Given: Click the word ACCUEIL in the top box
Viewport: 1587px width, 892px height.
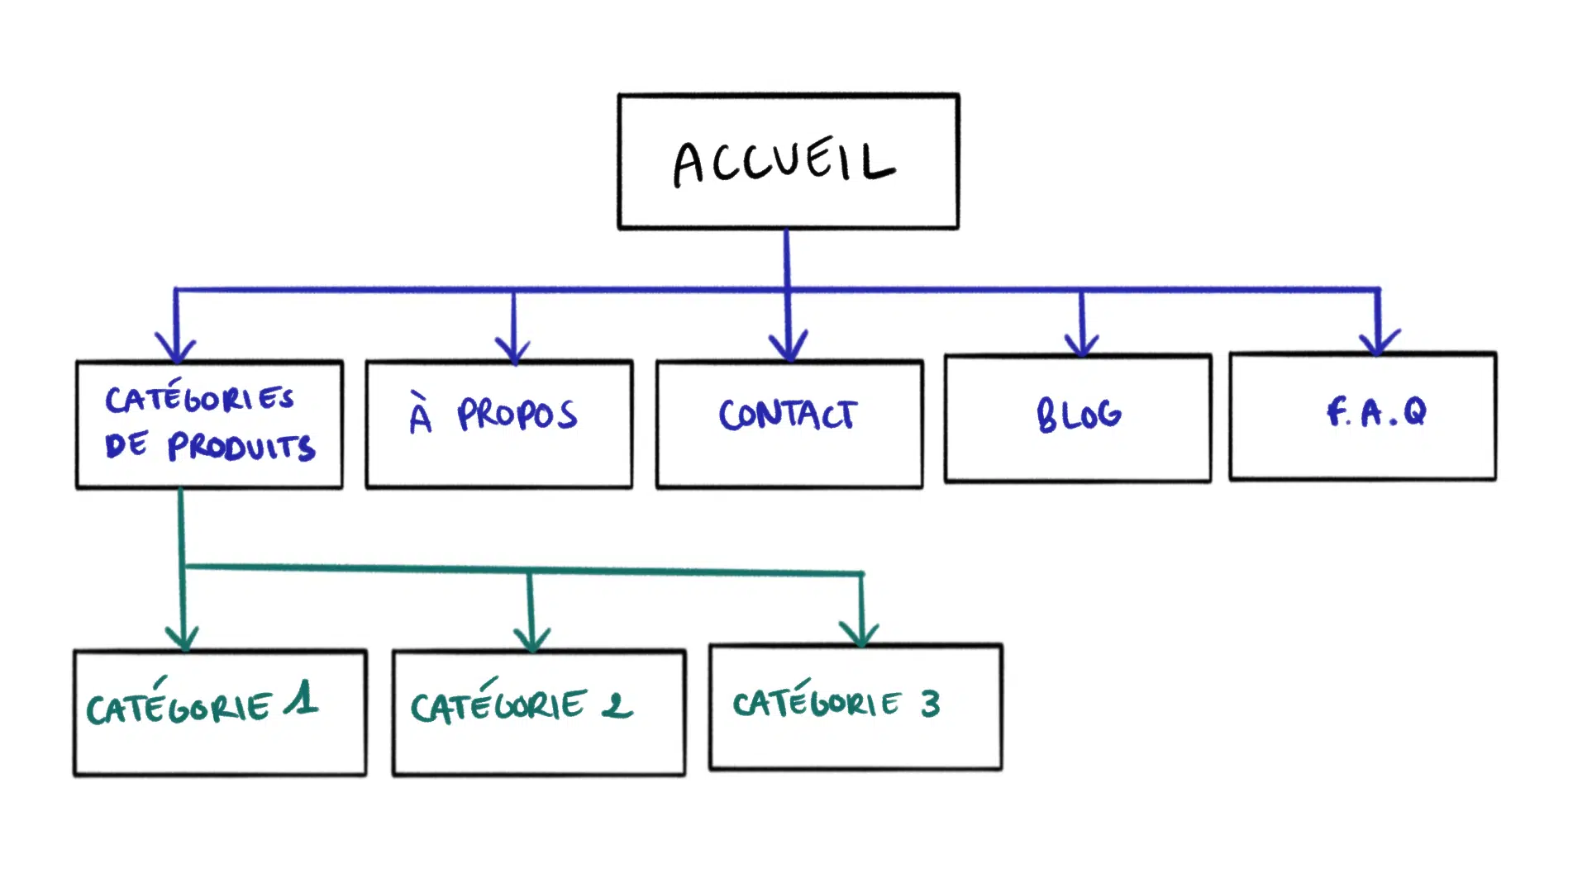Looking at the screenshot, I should pyautogui.click(x=784, y=161).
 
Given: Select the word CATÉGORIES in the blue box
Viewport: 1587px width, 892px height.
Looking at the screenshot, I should pyautogui.click(x=199, y=398).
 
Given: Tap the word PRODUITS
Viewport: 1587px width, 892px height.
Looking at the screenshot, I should pyautogui.click(x=241, y=447).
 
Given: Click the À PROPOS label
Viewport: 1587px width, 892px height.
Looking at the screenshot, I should pyautogui.click(x=493, y=415).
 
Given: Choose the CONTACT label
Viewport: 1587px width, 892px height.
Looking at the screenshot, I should pyautogui.click(x=788, y=415).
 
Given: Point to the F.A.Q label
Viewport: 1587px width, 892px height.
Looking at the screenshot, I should pyautogui.click(x=1376, y=411).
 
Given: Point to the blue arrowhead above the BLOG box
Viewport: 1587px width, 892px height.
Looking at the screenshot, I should pyautogui.click(x=1082, y=344).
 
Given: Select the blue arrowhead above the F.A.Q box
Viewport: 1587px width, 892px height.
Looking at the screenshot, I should pyautogui.click(x=1379, y=343).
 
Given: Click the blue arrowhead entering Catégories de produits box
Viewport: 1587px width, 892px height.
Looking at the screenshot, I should pyautogui.click(x=176, y=349).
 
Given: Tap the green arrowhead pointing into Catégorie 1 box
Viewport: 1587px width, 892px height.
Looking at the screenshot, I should pyautogui.click(x=183, y=638).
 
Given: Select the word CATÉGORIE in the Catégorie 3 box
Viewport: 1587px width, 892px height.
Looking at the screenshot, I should pyautogui.click(x=816, y=703).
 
